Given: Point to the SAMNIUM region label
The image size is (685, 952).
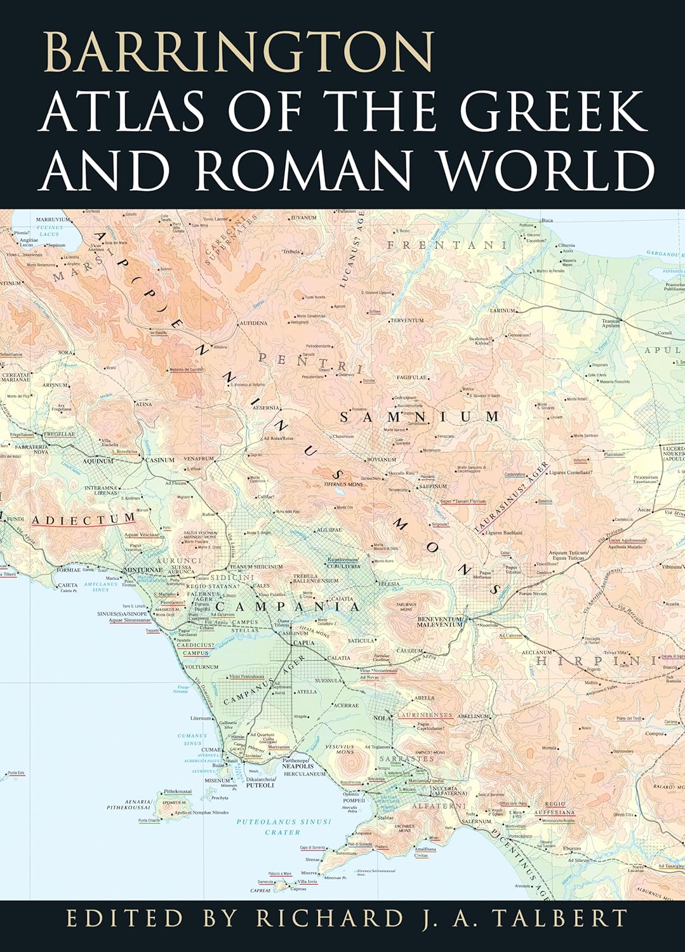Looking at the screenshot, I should pos(420,417).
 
